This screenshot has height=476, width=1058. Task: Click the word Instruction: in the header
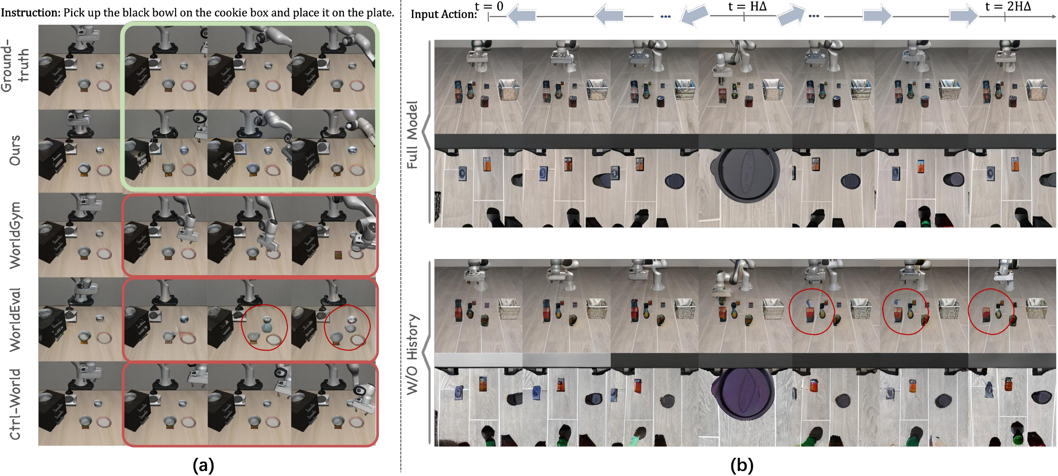[x=31, y=13]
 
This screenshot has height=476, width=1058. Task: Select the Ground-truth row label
[x=15, y=65]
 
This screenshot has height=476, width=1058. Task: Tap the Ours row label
[x=15, y=150]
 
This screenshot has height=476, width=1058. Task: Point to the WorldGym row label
[x=15, y=235]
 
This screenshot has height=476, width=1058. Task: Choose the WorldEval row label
[x=15, y=319]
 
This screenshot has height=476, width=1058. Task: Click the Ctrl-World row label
[x=15, y=404]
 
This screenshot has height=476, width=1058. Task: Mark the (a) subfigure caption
[x=203, y=465]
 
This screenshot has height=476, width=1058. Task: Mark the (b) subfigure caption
[x=742, y=465]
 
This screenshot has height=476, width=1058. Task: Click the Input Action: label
[x=443, y=14]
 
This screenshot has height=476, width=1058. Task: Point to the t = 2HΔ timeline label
[x=1008, y=6]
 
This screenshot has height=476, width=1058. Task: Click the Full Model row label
[x=412, y=135]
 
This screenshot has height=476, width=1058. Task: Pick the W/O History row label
[x=412, y=354]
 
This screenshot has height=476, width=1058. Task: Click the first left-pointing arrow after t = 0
[x=521, y=16]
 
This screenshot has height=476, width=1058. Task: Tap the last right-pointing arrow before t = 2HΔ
[x=964, y=16]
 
